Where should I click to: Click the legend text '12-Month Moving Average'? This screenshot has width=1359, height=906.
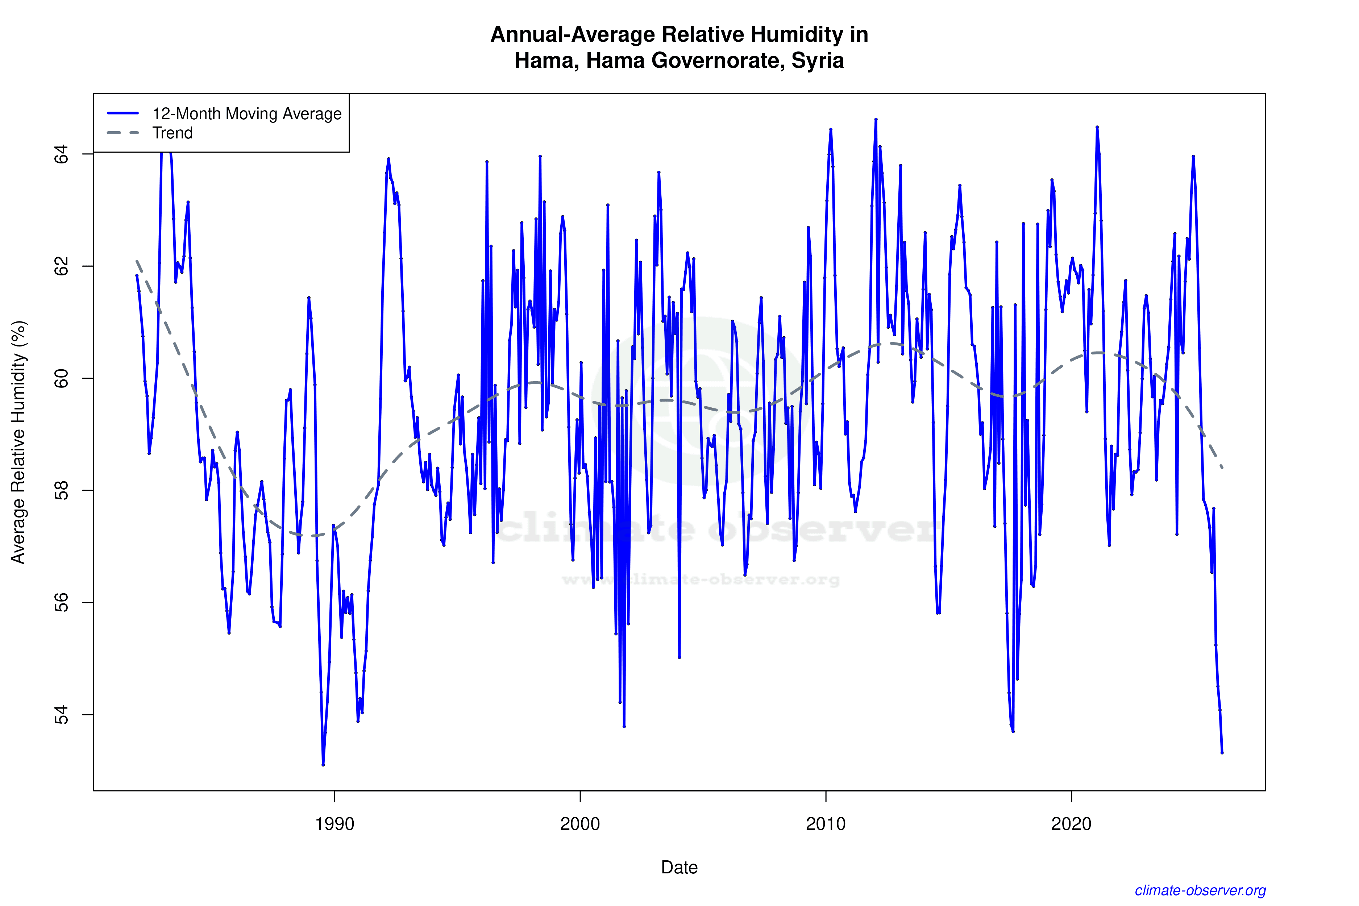point(247,114)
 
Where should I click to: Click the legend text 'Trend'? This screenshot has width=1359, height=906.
point(172,133)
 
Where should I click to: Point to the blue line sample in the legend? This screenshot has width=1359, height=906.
point(123,113)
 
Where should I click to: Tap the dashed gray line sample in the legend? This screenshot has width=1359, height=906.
point(123,133)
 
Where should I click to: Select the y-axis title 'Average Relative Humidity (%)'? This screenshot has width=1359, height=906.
point(18,442)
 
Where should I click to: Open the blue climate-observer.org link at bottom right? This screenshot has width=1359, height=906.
point(1200,890)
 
